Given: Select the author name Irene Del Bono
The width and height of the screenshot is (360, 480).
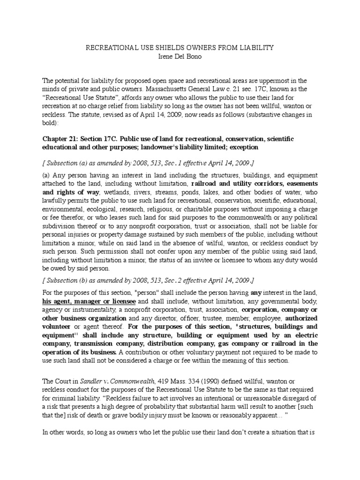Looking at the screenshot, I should pos(180,56).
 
